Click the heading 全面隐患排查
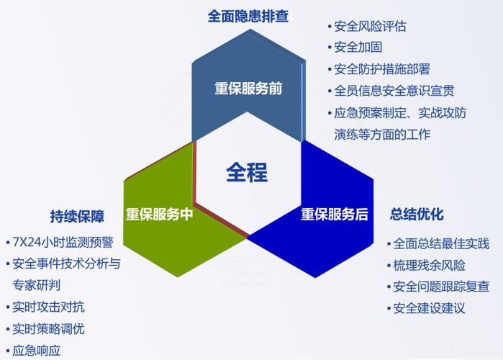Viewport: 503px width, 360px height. click(x=248, y=15)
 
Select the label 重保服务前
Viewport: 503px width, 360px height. click(x=248, y=89)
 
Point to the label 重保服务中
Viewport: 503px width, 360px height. click(x=159, y=214)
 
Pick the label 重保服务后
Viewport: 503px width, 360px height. click(x=335, y=214)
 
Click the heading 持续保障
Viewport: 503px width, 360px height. click(x=77, y=216)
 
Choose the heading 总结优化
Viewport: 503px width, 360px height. click(x=417, y=214)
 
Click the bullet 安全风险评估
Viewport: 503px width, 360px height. click(x=370, y=27)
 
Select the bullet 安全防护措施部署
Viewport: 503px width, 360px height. click(x=382, y=69)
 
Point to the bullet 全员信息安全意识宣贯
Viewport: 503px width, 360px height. click(x=394, y=91)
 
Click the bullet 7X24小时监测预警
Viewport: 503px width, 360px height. click(x=63, y=242)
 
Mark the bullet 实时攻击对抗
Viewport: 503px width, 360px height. click(x=48, y=307)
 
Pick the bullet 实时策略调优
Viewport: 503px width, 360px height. click(x=48, y=329)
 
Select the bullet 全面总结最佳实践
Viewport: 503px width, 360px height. click(x=441, y=243)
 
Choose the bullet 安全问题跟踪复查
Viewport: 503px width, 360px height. click(x=441, y=287)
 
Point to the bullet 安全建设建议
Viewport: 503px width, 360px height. click(x=429, y=308)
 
